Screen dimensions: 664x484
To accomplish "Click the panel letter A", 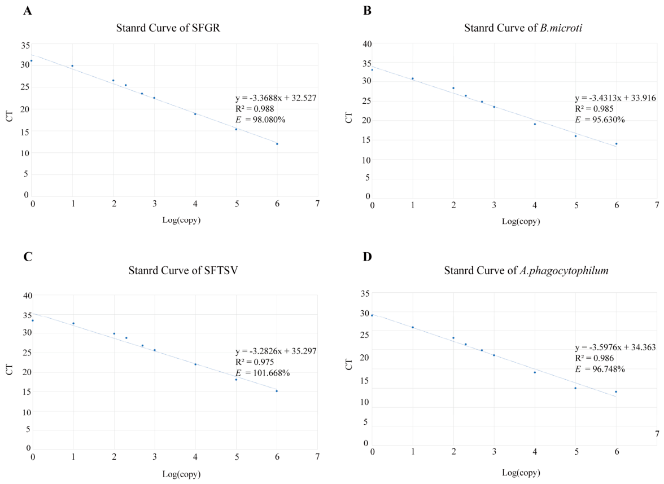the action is click(28, 11).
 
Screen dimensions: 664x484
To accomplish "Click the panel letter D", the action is click(367, 257).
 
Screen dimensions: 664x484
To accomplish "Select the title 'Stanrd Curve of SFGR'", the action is click(168, 28).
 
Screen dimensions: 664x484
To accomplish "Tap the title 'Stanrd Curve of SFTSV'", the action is click(183, 270).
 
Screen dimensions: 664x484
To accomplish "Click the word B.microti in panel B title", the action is click(561, 28).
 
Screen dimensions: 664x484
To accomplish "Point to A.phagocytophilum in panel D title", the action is click(564, 271).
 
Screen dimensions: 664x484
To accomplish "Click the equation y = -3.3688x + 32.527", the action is click(276, 98).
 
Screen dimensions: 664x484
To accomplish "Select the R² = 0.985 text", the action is click(594, 109).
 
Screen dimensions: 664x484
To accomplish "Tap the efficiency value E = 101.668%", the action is click(263, 373).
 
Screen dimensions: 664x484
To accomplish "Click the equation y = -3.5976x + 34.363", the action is click(615, 347).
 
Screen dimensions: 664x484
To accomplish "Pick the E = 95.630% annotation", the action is click(600, 120).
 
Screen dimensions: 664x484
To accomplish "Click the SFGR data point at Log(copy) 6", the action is click(277, 144).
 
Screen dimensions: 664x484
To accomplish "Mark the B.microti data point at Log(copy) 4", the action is click(535, 124).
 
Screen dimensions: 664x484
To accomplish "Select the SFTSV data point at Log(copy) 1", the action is click(73, 323).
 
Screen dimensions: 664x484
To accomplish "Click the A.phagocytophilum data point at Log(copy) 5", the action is click(575, 388).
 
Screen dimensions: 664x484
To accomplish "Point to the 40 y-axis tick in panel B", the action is click(367, 44).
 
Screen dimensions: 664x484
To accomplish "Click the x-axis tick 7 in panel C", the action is click(317, 456).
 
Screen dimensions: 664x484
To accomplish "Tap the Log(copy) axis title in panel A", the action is click(181, 220).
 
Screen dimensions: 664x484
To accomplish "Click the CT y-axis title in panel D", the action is click(349, 364).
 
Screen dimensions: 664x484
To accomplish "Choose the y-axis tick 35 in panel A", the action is click(25, 46).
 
